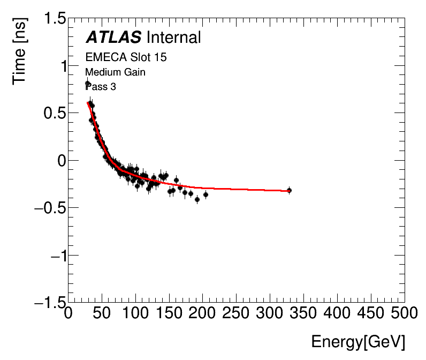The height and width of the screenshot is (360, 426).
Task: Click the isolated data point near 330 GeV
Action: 289,190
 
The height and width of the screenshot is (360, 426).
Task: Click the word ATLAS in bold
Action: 113,37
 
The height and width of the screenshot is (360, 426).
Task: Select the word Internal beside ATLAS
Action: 173,37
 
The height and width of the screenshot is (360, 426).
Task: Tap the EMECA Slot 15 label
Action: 126,57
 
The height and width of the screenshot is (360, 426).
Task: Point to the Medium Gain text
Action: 115,72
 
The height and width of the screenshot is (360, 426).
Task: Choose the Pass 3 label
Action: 101,86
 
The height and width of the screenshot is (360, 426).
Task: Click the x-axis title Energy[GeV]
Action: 358,342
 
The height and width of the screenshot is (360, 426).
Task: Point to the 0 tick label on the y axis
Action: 60,161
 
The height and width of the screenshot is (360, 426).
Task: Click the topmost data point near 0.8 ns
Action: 88,84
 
